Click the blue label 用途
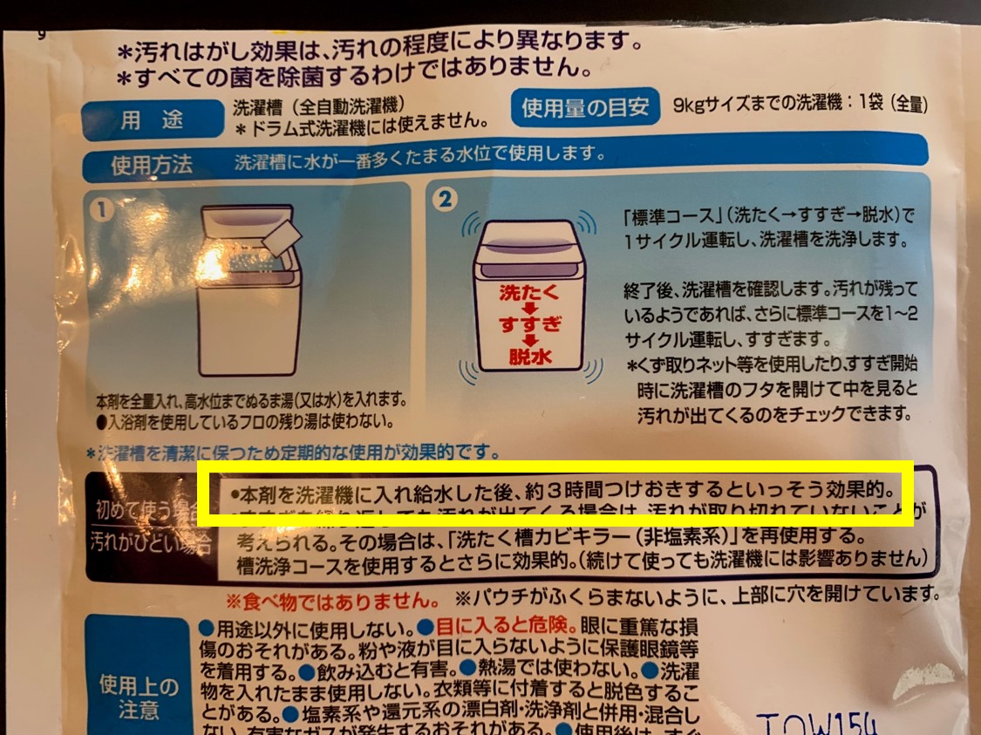click(143, 121)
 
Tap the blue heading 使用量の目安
click(584, 107)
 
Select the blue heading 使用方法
click(152, 165)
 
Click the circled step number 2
click(445, 200)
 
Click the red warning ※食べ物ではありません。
click(332, 601)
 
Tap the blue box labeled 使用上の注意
click(139, 698)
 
